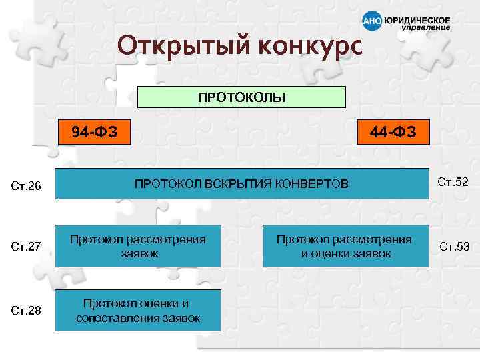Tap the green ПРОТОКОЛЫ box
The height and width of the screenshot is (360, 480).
(x=241, y=97)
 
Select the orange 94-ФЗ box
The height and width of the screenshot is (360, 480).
(x=95, y=131)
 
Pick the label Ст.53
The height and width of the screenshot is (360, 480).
(x=454, y=247)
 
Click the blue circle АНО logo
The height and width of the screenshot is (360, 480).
(x=372, y=22)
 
